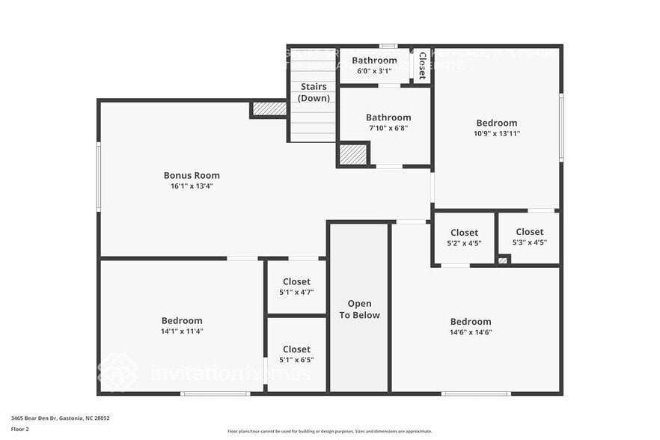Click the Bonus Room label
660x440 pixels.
(x=192, y=175)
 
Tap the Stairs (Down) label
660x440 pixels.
(x=314, y=92)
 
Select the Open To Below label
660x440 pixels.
(x=359, y=310)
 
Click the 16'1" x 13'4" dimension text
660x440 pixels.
(x=192, y=186)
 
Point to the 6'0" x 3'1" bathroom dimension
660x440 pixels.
(x=374, y=71)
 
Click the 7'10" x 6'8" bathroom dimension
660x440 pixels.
(x=388, y=128)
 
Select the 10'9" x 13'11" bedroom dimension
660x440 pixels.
(x=496, y=133)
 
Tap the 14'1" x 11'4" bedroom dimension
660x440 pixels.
(x=182, y=331)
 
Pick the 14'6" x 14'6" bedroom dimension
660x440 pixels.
(x=471, y=332)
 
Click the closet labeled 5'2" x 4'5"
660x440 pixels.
(x=464, y=237)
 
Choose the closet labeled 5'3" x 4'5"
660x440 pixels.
(x=529, y=236)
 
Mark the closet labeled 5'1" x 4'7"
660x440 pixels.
(x=296, y=287)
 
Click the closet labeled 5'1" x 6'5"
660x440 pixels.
(x=296, y=354)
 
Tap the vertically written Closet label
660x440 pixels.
(x=422, y=66)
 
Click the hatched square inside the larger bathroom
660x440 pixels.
(x=352, y=154)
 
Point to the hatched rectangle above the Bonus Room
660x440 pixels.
(x=269, y=109)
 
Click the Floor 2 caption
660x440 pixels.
(x=20, y=430)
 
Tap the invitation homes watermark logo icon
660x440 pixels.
(x=117, y=372)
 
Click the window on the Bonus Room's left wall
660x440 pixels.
(x=99, y=177)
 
